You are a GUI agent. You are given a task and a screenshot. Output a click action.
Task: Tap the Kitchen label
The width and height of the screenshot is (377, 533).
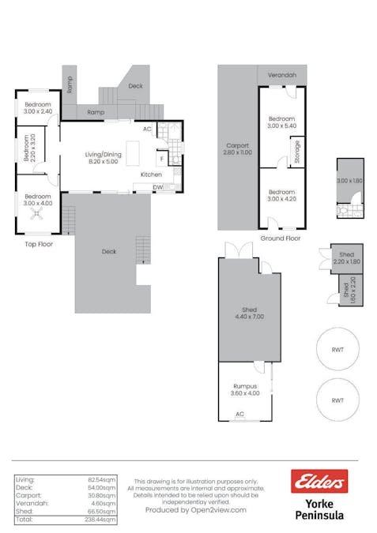point(151,174)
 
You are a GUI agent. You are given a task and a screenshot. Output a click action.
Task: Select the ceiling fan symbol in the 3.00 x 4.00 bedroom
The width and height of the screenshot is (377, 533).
point(36,214)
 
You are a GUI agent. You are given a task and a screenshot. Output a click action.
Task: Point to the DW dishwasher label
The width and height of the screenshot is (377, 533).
point(158,187)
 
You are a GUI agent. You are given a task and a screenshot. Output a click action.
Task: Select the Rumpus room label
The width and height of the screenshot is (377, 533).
point(245,387)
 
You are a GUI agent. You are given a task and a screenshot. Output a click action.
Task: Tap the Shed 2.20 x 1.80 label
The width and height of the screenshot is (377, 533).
point(347,257)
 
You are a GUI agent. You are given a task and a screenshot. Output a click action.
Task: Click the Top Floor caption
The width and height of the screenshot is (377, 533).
point(38,244)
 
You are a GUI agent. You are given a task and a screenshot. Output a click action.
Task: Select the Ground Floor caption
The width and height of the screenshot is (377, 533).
point(281,237)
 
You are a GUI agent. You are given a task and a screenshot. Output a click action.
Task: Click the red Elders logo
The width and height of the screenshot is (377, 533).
point(319,481)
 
